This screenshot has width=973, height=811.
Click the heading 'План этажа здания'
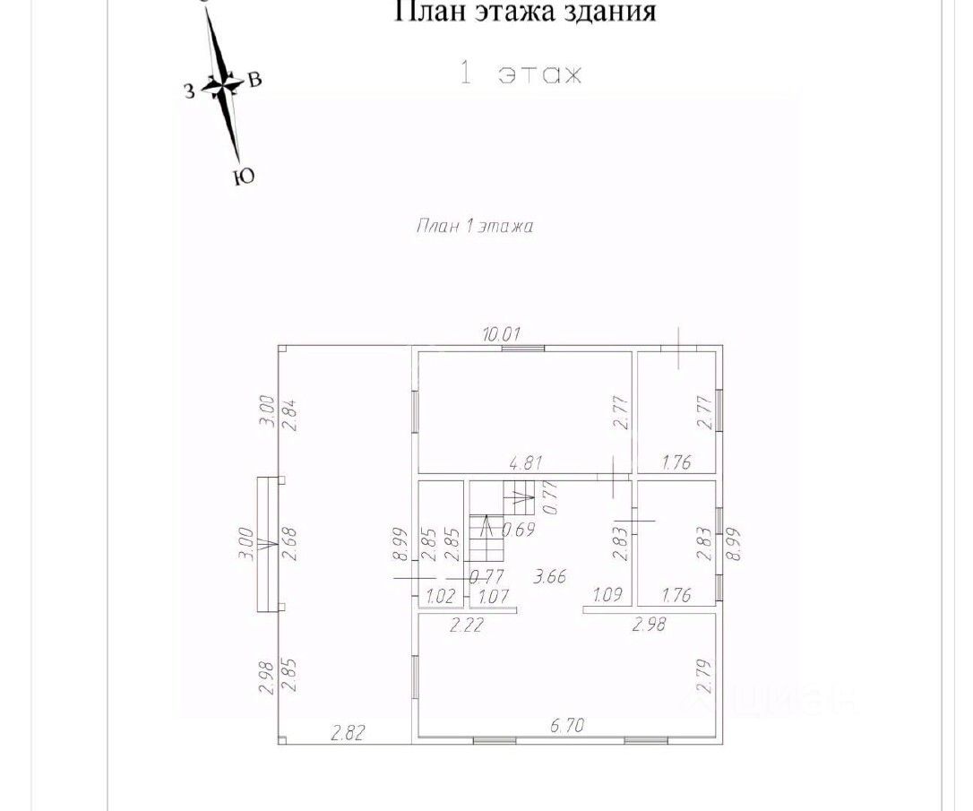point(526,12)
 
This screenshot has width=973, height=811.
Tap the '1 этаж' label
point(521,73)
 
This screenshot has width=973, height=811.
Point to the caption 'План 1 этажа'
point(475,227)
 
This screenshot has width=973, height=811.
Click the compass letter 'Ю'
point(243,177)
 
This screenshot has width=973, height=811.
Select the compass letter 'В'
point(254,81)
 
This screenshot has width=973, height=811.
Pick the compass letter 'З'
point(189,89)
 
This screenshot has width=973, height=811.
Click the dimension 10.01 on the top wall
point(502,335)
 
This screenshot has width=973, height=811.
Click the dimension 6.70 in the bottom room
point(566,727)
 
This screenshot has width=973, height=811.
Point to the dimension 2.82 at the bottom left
point(349,734)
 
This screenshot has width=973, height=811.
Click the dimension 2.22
point(467,626)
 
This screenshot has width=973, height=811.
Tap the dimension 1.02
point(441,596)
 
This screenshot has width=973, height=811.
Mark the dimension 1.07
point(494,596)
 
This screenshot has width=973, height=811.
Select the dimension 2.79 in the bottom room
point(703,675)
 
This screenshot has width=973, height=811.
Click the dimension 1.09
point(609,595)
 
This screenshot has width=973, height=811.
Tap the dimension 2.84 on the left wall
point(288,415)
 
